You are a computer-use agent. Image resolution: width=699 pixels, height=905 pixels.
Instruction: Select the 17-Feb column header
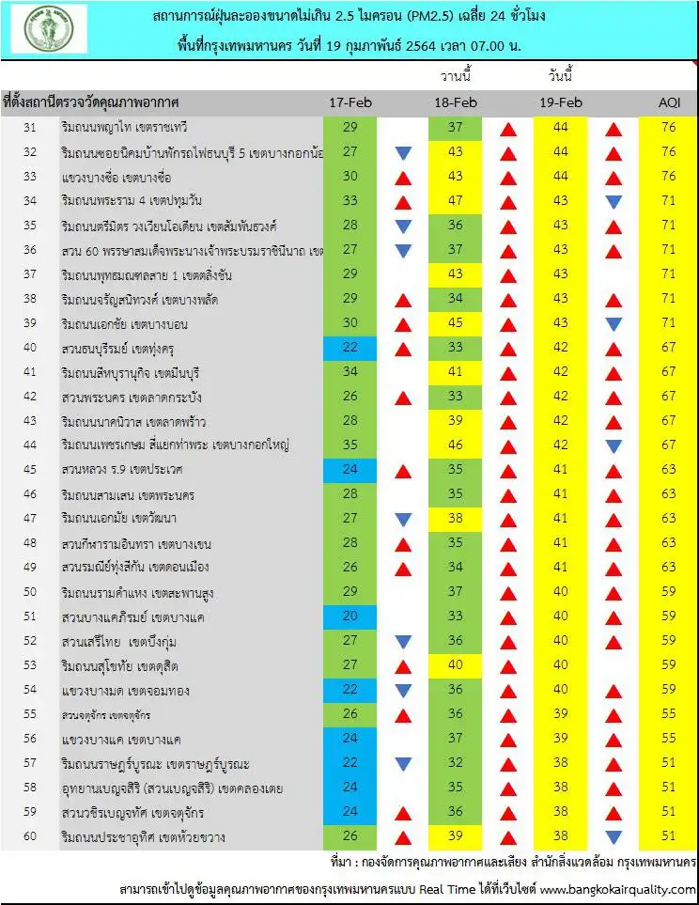349,101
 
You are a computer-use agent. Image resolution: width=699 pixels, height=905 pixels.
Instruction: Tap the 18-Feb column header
456,101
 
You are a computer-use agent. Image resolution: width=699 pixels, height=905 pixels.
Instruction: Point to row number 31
29,126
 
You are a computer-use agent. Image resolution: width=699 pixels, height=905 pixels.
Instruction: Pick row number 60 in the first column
29,836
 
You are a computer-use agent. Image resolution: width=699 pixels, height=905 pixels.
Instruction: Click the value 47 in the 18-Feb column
456,200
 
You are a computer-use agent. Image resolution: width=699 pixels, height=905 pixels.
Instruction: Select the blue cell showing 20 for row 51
349,616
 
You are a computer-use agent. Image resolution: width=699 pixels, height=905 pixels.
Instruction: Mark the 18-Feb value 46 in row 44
456,445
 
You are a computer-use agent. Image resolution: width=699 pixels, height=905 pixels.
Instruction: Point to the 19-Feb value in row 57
561,762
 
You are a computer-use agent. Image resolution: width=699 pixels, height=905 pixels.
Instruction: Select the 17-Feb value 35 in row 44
349,445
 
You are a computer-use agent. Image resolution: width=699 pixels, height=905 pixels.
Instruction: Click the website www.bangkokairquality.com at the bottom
617,888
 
